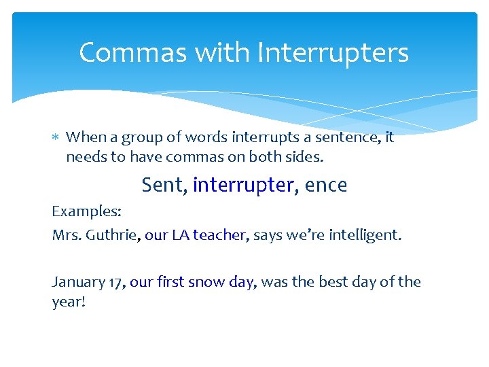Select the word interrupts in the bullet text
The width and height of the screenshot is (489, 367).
pyautogui.click(x=259, y=137)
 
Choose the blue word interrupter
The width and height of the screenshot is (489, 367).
pyautogui.click(x=244, y=185)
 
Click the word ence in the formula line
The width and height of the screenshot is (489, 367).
pyautogui.click(x=326, y=185)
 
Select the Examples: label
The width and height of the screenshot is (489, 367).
pyautogui.click(x=87, y=211)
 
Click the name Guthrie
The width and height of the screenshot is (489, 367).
pyautogui.click(x=114, y=235)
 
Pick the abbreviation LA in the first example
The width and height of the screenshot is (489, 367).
pyautogui.click(x=180, y=235)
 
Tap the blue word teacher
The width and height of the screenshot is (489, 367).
pyautogui.click(x=219, y=235)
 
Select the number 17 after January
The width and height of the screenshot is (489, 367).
pyautogui.click(x=115, y=282)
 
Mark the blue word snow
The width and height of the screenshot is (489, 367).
pyautogui.click(x=206, y=282)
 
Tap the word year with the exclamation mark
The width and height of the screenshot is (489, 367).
pyautogui.click(x=68, y=301)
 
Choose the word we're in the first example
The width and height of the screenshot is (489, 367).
pyautogui.click(x=306, y=235)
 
